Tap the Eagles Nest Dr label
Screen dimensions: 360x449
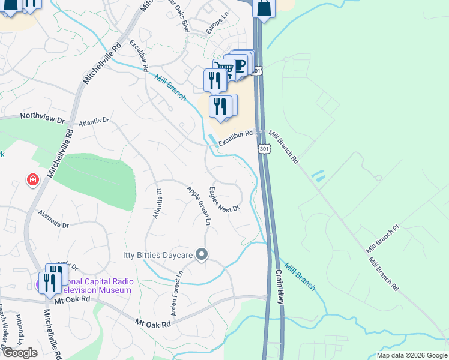(x=224, y=199)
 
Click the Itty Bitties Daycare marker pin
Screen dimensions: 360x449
(x=202, y=255)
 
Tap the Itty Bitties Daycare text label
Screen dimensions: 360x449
(x=158, y=256)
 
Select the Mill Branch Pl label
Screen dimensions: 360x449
(x=382, y=238)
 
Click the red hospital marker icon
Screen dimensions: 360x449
(x=32, y=179)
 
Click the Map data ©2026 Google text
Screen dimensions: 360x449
(x=412, y=355)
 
